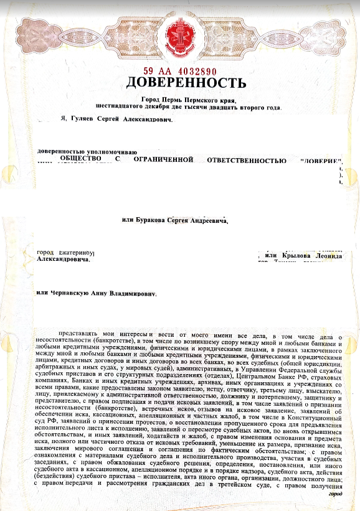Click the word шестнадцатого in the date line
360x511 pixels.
[x=118, y=107]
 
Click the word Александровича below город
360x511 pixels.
[x=64, y=260]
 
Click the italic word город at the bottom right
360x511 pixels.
[x=335, y=494]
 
